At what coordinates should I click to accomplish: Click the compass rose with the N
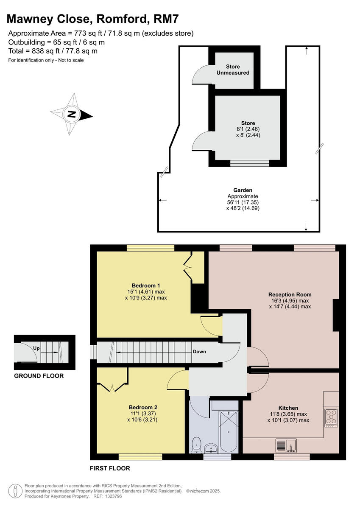click(x=72, y=114)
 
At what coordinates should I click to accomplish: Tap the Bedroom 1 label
click(x=145, y=285)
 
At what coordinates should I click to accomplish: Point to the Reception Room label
click(x=290, y=294)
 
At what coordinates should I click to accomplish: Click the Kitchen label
click(x=288, y=408)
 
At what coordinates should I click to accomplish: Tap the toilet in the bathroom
click(x=196, y=445)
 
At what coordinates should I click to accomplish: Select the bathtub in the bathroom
click(x=228, y=431)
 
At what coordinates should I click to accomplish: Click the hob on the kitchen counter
click(x=332, y=417)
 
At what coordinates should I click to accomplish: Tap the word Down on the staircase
click(x=199, y=352)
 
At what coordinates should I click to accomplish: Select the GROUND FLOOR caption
click(x=39, y=376)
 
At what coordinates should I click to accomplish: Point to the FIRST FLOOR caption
click(x=110, y=469)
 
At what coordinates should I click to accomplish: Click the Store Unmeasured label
click(x=233, y=70)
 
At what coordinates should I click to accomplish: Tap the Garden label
click(x=243, y=190)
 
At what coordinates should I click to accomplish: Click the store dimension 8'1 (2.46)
click(x=243, y=129)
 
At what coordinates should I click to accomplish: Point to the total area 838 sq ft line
click(x=53, y=51)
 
